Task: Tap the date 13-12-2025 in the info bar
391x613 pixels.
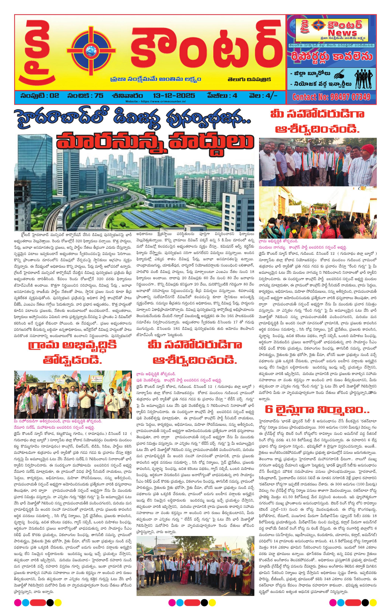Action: [174, 96]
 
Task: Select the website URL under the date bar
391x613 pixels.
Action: [155, 102]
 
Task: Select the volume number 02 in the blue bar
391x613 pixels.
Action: [55, 96]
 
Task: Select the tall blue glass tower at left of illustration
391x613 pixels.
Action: [36, 173]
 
